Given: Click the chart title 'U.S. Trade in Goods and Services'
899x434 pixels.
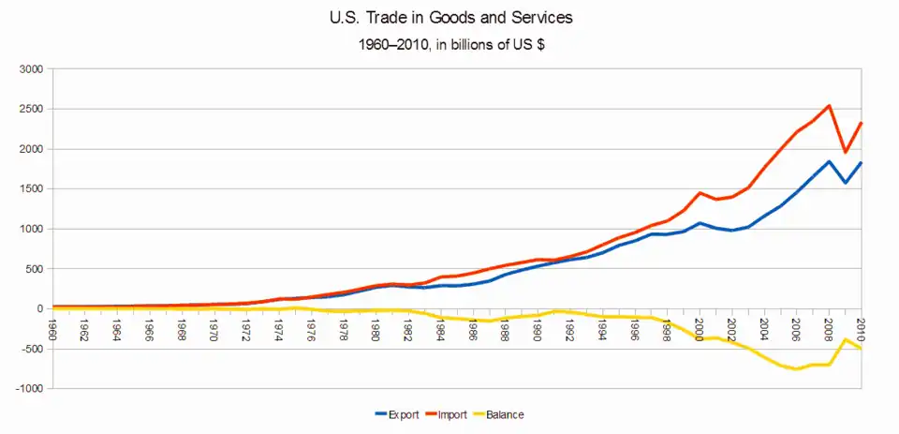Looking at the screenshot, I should (449, 17).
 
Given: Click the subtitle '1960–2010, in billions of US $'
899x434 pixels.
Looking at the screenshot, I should (449, 43).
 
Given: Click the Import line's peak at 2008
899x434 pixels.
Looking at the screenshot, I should (829, 106).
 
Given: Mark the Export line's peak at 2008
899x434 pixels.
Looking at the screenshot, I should (829, 161).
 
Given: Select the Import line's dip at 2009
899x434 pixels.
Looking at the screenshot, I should (845, 152).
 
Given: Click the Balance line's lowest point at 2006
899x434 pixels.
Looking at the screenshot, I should (797, 368).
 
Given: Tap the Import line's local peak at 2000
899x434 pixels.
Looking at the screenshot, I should (700, 193).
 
